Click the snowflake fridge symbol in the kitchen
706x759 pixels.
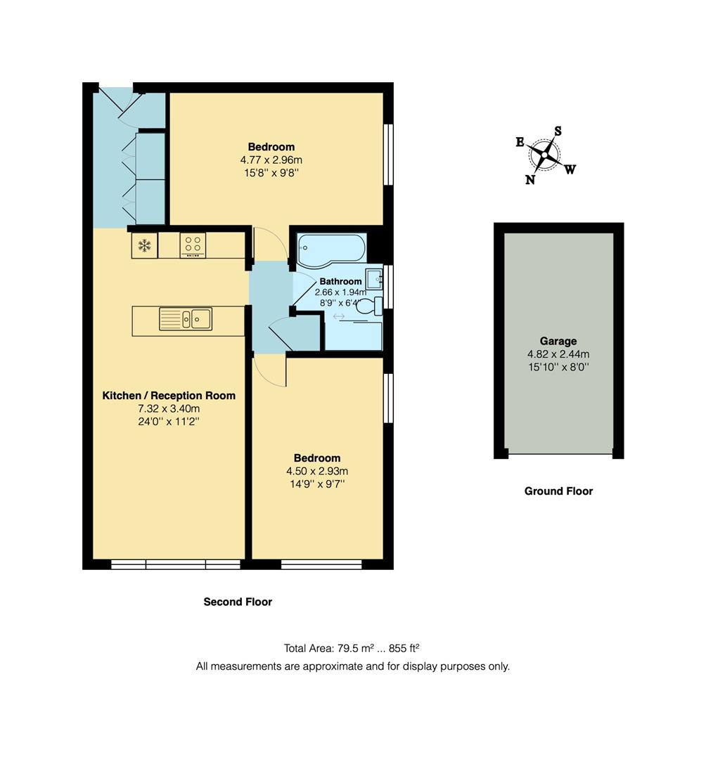click(145, 245)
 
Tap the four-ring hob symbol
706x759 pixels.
click(193, 245)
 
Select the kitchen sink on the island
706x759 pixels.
click(186, 319)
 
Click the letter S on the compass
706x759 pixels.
click(558, 131)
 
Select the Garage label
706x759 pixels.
click(558, 342)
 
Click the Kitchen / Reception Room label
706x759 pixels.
click(169, 396)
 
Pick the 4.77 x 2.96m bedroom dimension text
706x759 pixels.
click(271, 160)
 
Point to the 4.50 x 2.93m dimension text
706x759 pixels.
click(317, 471)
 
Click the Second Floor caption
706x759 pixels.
click(238, 602)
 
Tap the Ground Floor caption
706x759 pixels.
click(558, 491)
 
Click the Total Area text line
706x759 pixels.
click(352, 648)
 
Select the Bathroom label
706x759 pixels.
click(340, 282)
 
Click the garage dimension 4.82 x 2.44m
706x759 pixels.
click(558, 354)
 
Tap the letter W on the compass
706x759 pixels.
click(570, 169)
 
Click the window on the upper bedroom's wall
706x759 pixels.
click(387, 155)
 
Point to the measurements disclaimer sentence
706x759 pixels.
click(352, 666)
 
